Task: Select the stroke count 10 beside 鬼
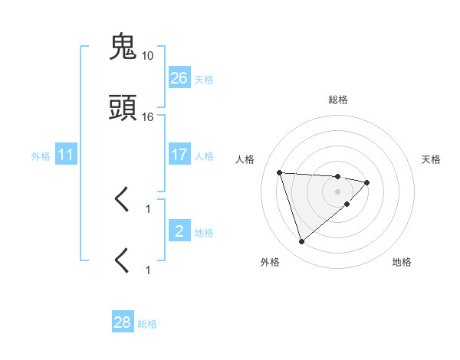pos(148,56)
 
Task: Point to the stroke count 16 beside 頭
pos(148,117)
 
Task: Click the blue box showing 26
pos(179,77)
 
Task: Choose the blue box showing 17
pos(179,155)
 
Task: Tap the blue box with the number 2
pos(179,231)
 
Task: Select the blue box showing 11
pos(66,155)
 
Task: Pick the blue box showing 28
pos(123,322)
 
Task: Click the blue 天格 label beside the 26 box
pos(204,79)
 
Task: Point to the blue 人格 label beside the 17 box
pos(204,155)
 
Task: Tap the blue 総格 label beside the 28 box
pos(147,324)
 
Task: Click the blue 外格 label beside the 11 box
pos(41,155)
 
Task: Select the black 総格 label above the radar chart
pos(338,100)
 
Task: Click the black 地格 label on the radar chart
pos(402,262)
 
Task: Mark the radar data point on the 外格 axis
pos(301,241)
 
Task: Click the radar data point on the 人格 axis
pos(280,172)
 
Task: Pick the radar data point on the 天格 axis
pos(367,182)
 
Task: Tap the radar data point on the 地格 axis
pos(347,204)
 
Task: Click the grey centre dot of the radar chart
pos(338,191)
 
